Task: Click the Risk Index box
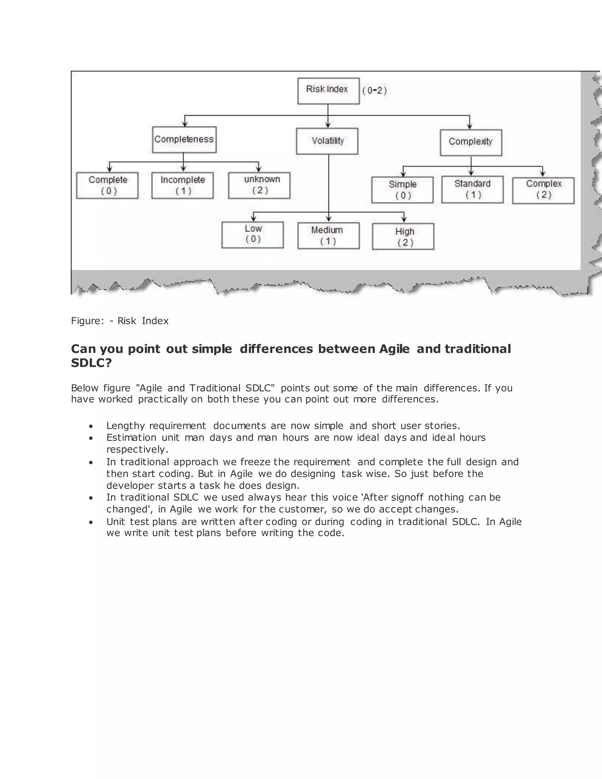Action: (328, 91)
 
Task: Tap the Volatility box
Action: (327, 141)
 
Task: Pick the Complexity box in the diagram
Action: (471, 143)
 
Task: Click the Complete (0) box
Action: (107, 185)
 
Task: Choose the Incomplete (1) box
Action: (183, 185)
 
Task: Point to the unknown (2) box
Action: (259, 185)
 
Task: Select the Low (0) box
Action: (252, 235)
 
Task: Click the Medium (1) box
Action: (328, 236)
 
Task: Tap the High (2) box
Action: (403, 236)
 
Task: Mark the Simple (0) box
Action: (402, 190)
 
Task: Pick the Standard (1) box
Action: (472, 189)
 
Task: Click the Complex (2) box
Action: (543, 190)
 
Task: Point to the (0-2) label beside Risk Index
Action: (374, 91)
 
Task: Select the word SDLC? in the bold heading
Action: (91, 363)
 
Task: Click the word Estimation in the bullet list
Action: (131, 438)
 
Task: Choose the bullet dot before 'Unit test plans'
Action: (91, 522)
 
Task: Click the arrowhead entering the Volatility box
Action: (328, 125)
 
